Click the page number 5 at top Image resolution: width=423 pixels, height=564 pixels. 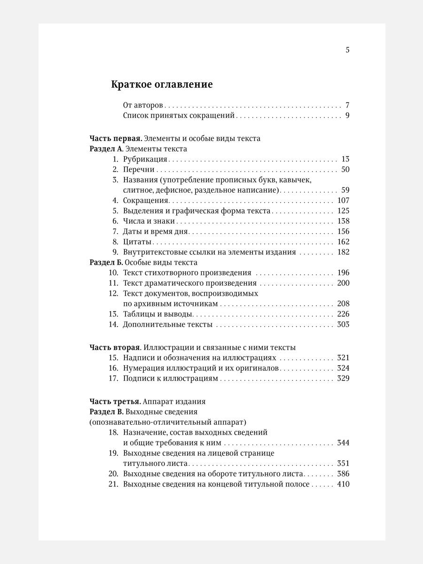[347, 50]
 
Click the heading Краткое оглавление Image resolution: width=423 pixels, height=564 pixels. [162, 85]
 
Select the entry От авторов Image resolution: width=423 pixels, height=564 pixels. [143, 105]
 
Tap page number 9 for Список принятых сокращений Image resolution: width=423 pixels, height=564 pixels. [347, 116]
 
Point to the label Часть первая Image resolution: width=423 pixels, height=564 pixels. [115, 139]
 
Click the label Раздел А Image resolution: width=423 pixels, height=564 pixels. [106, 149]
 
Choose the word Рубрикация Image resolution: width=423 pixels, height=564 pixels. [145, 159]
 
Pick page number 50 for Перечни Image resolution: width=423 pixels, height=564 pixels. [345, 170]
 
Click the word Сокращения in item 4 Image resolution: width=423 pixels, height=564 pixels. [146, 201]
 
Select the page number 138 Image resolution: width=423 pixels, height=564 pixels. [343, 221]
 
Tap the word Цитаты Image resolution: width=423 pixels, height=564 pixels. [137, 242]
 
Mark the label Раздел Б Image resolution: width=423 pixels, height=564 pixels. [106, 262]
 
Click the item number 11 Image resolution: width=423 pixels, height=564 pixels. [113, 283]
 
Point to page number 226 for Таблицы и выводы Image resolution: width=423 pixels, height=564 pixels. [343, 314]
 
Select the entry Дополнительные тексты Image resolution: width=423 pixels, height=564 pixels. [168, 324]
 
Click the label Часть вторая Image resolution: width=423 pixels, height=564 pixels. [115, 347]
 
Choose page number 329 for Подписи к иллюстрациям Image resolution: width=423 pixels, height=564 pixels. [343, 378]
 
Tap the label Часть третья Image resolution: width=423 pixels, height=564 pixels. [115, 401]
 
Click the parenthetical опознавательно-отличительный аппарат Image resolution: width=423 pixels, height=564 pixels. [168, 422]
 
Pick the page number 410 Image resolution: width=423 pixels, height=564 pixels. [343, 484]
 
